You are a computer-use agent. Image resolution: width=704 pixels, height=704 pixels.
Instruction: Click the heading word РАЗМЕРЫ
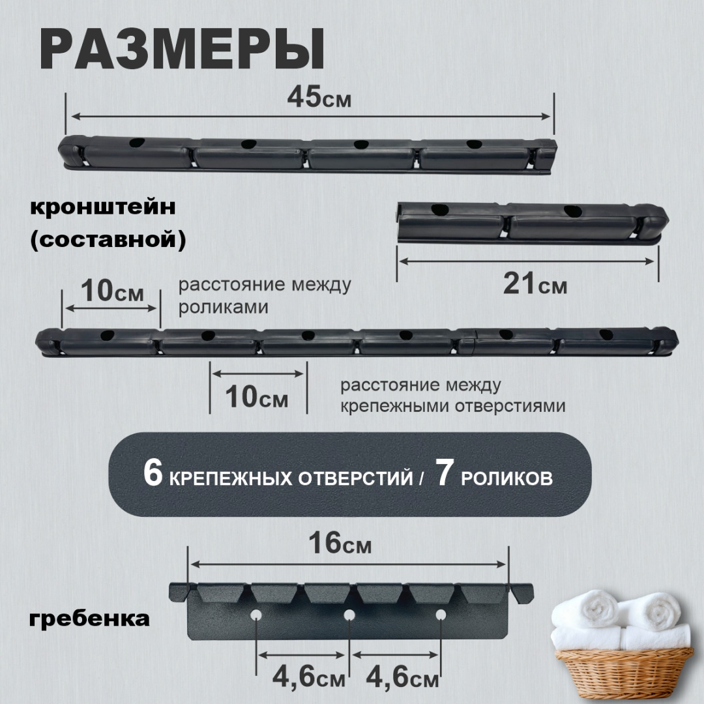(x=183, y=50)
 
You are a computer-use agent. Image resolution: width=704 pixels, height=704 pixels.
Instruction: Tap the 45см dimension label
(x=319, y=97)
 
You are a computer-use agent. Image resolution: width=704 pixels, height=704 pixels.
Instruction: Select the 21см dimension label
(x=535, y=284)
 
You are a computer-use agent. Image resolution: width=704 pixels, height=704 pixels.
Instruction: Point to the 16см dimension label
(x=340, y=543)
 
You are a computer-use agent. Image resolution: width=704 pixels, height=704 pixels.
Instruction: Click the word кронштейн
(x=103, y=207)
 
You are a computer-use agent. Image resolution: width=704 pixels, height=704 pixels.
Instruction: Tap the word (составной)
(x=108, y=240)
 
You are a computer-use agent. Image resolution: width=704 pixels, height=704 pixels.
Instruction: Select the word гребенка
(x=89, y=619)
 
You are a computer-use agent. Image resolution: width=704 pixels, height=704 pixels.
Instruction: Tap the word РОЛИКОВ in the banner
(x=506, y=478)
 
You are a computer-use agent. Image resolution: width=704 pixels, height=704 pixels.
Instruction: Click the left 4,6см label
(x=309, y=677)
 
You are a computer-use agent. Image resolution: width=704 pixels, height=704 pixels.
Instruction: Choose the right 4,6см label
(x=402, y=677)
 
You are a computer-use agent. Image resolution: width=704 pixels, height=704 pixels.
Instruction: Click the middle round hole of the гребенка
(x=349, y=615)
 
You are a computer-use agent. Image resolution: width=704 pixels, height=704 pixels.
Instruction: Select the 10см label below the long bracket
(x=256, y=397)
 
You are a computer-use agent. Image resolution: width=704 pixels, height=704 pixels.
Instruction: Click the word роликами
(x=224, y=307)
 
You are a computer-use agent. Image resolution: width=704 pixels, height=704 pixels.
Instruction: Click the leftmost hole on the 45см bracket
(x=137, y=143)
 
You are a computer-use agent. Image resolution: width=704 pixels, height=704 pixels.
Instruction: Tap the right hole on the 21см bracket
(x=572, y=211)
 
